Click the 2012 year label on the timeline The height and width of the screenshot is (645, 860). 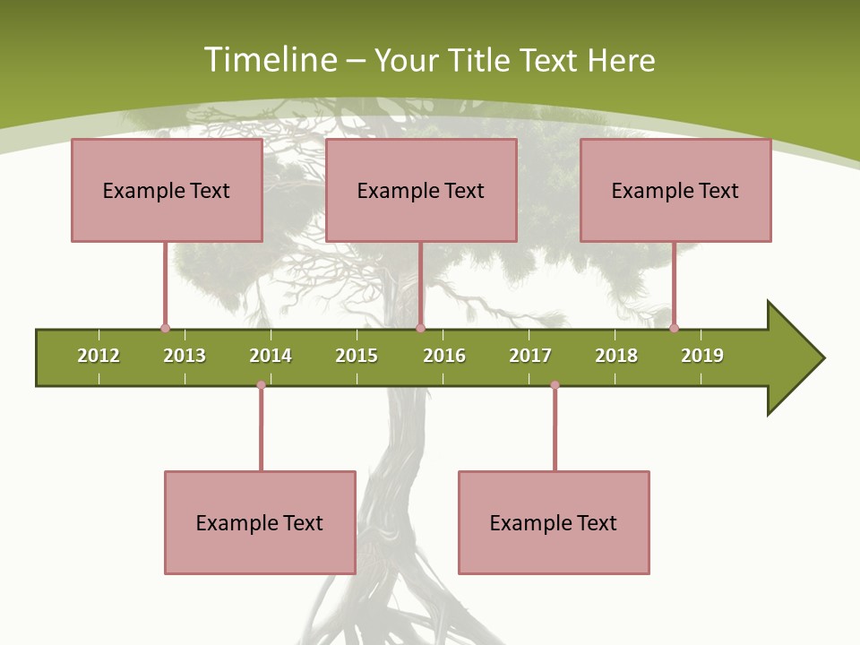pyautogui.click(x=99, y=356)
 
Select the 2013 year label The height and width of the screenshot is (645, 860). pyautogui.click(x=185, y=356)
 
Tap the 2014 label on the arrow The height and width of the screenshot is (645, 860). pyautogui.click(x=271, y=356)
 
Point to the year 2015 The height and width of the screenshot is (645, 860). pyautogui.click(x=357, y=356)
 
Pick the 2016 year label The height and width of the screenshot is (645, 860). pyautogui.click(x=444, y=356)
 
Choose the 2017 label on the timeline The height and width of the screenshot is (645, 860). pyautogui.click(x=530, y=356)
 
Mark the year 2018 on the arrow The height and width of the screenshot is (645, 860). pyautogui.click(x=616, y=356)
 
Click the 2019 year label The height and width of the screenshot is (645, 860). pyautogui.click(x=702, y=356)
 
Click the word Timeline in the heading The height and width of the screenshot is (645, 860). pyautogui.click(x=271, y=60)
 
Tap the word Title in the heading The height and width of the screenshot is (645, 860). pyautogui.click(x=481, y=60)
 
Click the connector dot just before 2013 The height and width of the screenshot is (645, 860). pyautogui.click(x=165, y=328)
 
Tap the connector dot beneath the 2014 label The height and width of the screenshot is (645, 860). pyautogui.click(x=261, y=385)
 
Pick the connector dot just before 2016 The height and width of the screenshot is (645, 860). pyautogui.click(x=420, y=328)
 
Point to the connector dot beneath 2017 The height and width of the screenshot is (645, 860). pyautogui.click(x=555, y=385)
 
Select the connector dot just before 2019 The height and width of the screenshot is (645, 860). pyautogui.click(x=674, y=328)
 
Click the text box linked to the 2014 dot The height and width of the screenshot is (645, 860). pyautogui.click(x=260, y=522)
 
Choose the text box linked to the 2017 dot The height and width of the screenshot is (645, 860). pyautogui.click(x=554, y=522)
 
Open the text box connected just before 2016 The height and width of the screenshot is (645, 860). pyautogui.click(x=421, y=190)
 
